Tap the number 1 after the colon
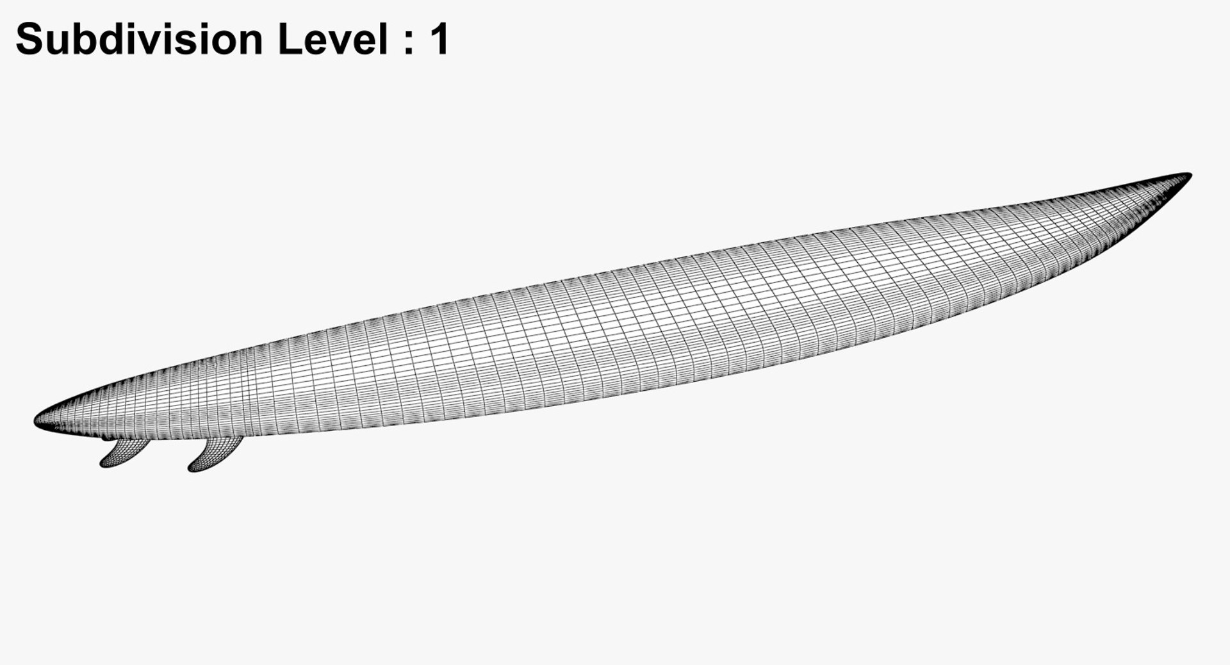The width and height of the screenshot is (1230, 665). pos(439,40)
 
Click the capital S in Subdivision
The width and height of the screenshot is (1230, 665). pos(32,40)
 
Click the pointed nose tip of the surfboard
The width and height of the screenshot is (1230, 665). pos(1189,175)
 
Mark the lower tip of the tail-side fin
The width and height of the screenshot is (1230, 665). pos(103,464)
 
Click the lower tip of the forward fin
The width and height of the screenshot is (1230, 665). pos(191,469)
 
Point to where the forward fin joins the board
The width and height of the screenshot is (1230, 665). pos(224,439)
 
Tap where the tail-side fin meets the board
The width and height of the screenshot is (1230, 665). pos(133,441)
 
